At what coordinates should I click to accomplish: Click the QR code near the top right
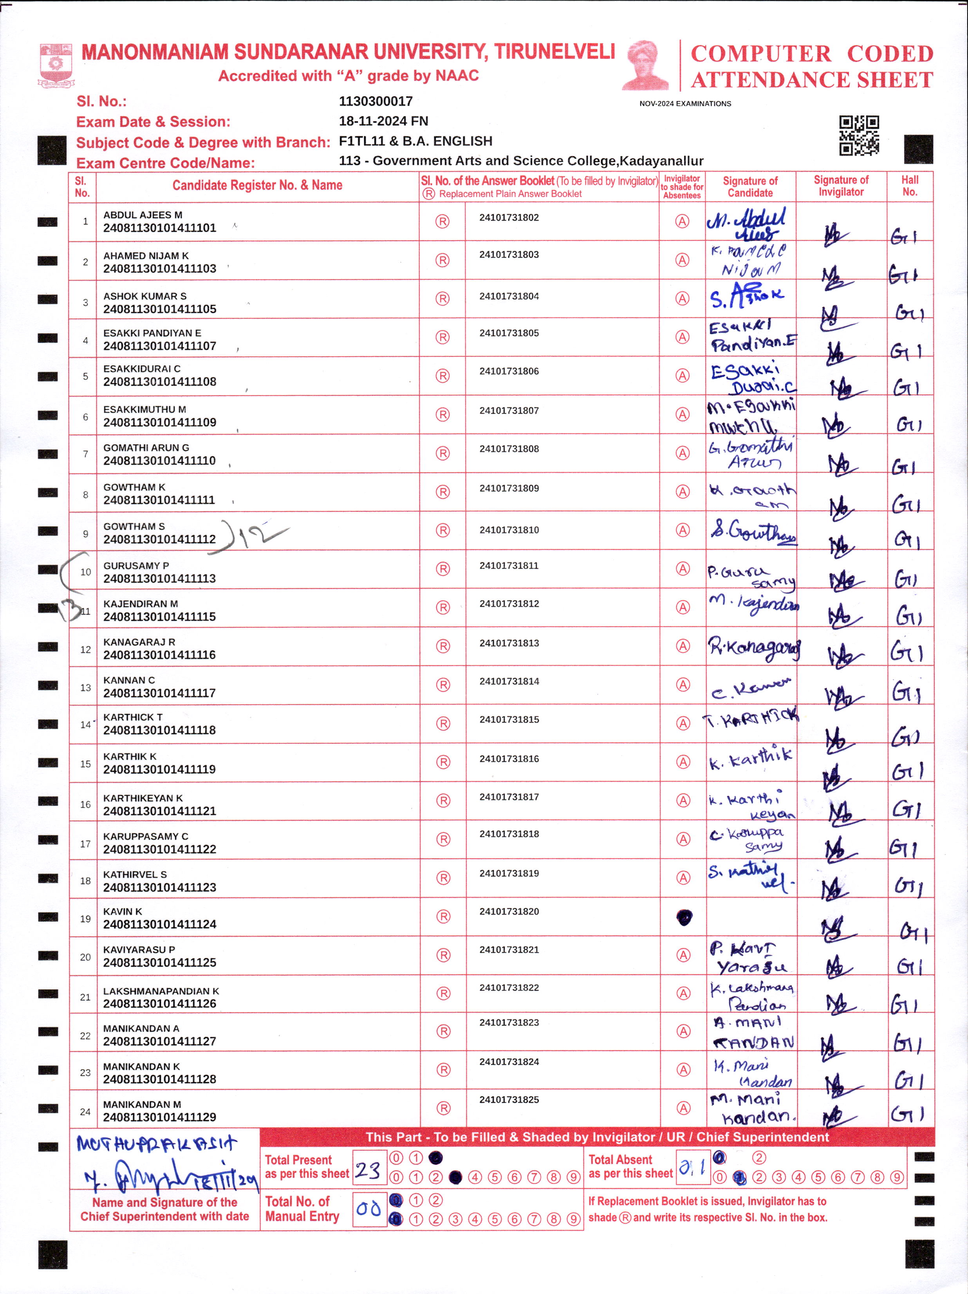(859, 135)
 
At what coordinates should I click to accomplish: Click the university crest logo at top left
(56, 65)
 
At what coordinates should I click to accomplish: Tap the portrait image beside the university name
(646, 65)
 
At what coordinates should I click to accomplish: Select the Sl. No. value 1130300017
(376, 101)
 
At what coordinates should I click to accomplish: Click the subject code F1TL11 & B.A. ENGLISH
(415, 141)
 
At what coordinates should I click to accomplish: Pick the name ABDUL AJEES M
(143, 215)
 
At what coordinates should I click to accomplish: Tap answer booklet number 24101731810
(509, 530)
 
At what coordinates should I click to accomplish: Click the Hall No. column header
(910, 186)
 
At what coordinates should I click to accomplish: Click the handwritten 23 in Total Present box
(368, 1170)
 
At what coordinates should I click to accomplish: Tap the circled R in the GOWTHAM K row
(443, 492)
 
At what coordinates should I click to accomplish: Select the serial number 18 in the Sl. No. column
(85, 880)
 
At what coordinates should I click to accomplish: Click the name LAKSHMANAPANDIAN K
(161, 991)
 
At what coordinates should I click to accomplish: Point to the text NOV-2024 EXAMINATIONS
(685, 103)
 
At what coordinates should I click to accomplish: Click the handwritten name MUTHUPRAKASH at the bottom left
(157, 1144)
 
